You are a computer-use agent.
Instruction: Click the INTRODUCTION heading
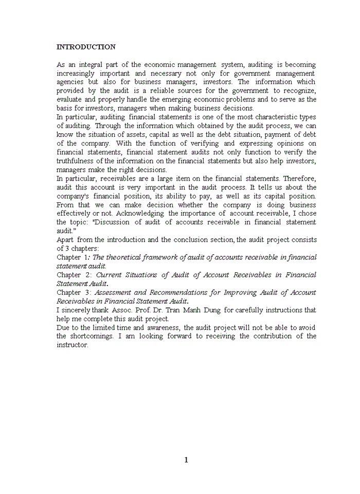click(86, 47)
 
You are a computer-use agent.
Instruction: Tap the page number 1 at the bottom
click(186, 460)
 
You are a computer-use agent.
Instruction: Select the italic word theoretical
click(121, 257)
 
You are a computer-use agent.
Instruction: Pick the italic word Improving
click(241, 292)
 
